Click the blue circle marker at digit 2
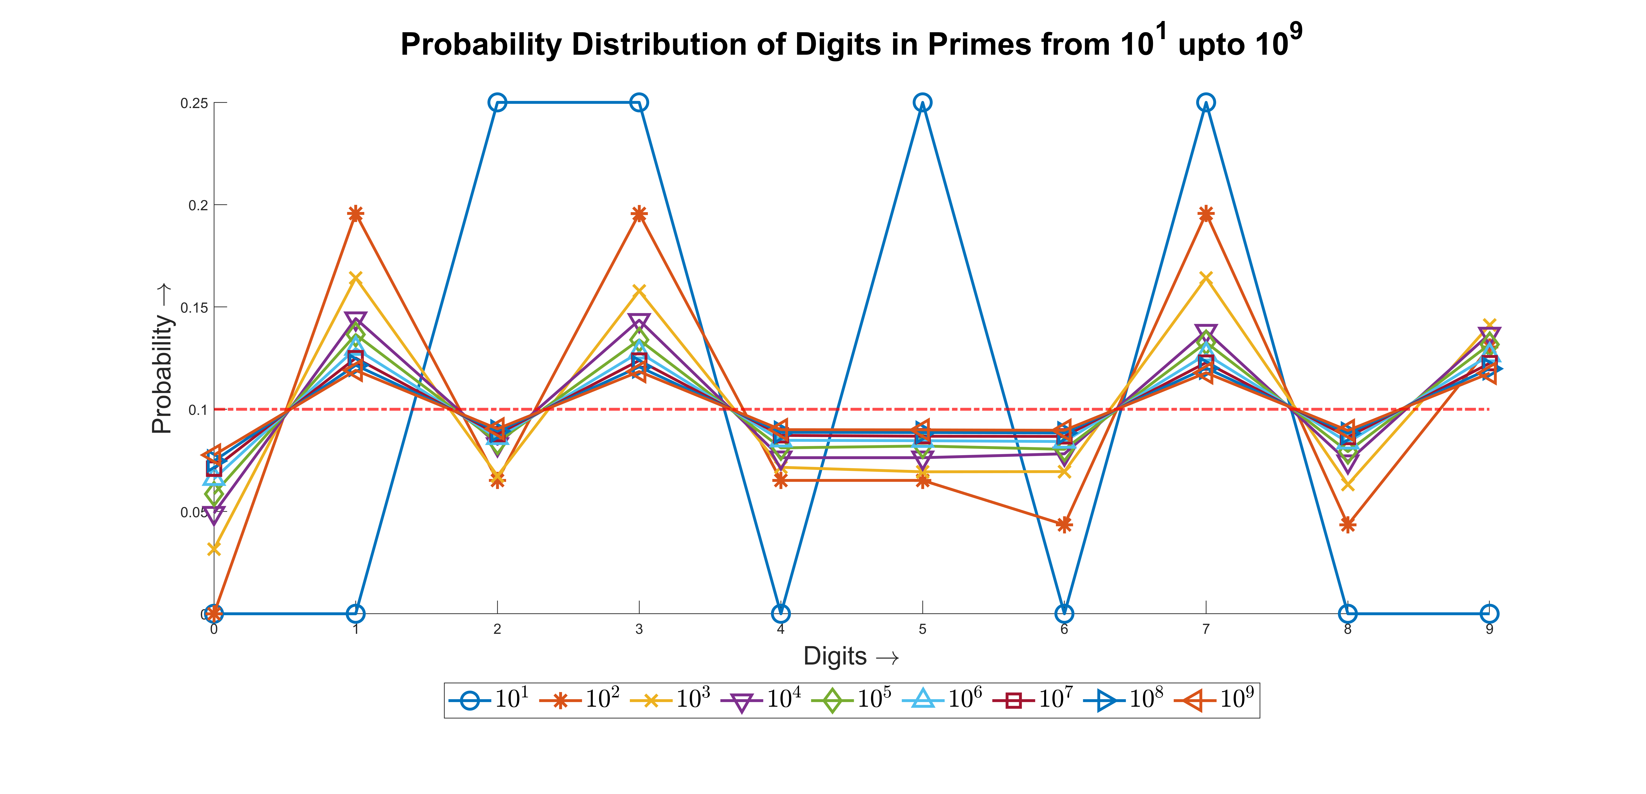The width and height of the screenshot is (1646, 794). [497, 102]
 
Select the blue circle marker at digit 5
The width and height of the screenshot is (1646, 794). [922, 102]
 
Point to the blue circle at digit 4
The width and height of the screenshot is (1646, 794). [780, 614]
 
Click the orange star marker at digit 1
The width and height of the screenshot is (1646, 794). [356, 214]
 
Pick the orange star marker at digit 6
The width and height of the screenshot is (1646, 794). [1064, 524]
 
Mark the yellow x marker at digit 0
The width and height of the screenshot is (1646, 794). [214, 549]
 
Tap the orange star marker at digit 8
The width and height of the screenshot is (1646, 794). [1348, 524]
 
